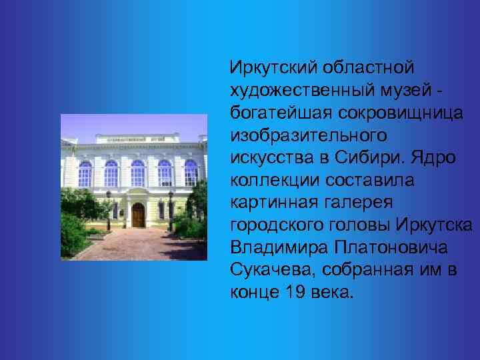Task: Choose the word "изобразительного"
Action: tap(308, 135)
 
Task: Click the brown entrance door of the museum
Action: tap(138, 215)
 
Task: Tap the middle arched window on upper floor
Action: tap(137, 173)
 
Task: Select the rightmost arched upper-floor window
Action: tap(191, 173)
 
